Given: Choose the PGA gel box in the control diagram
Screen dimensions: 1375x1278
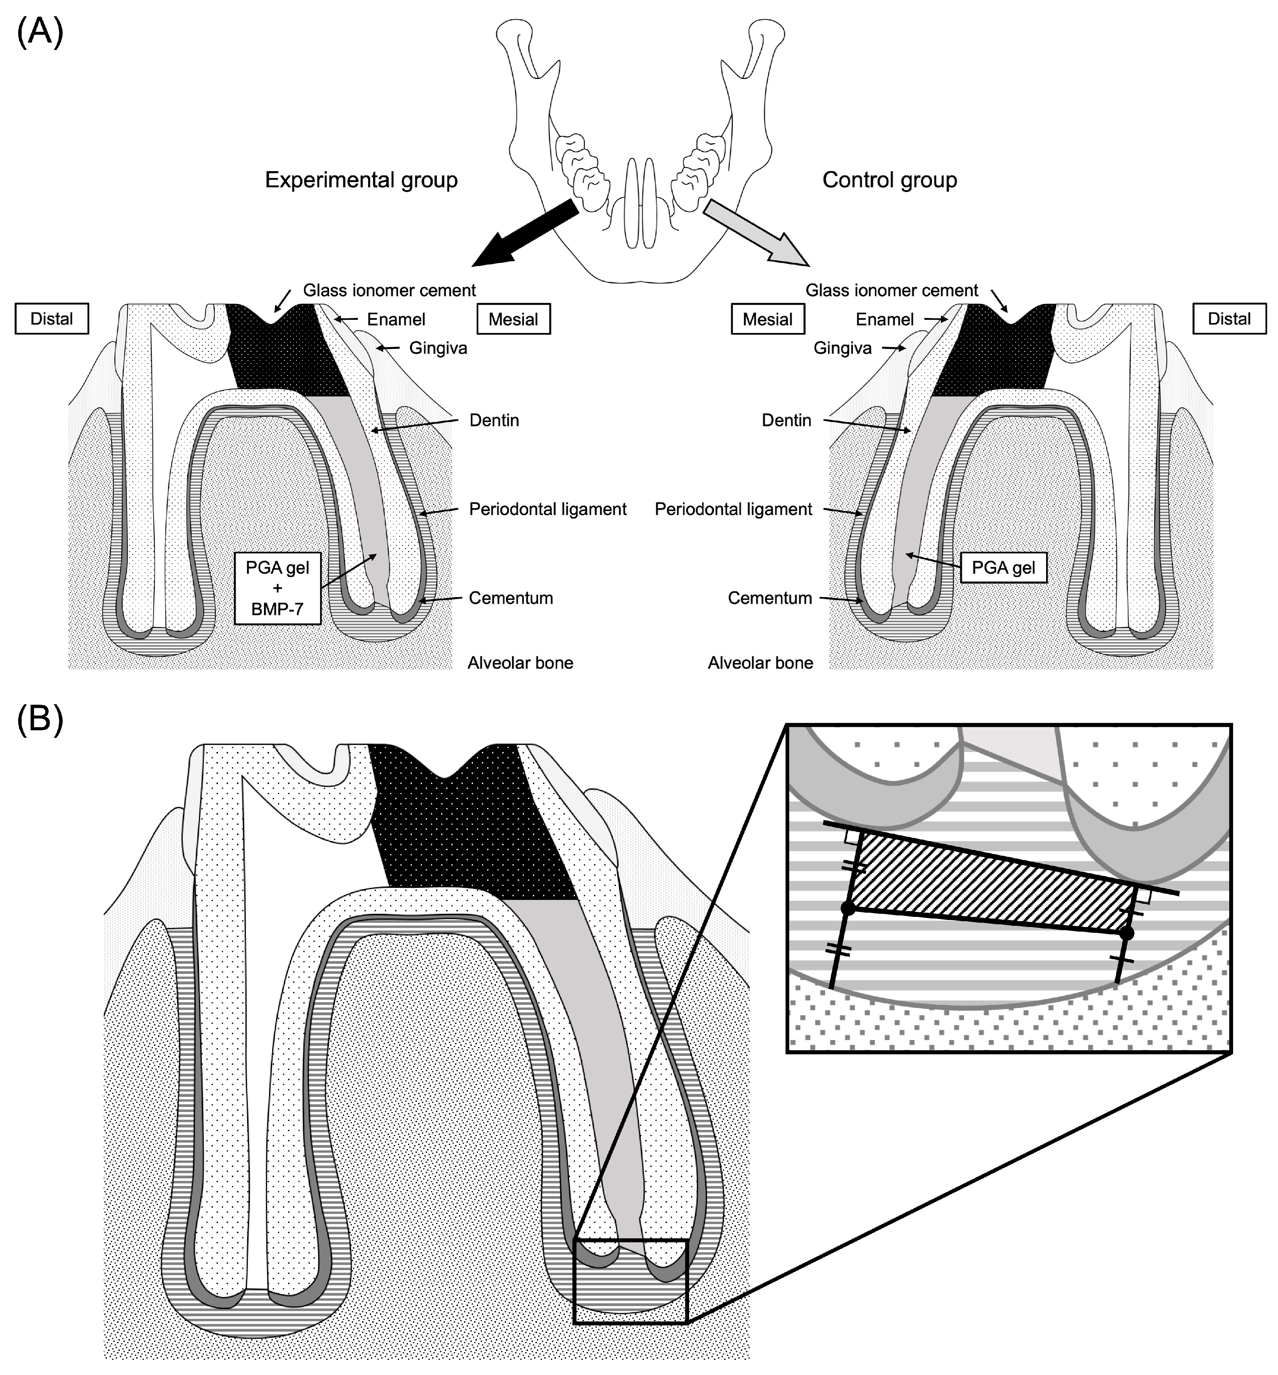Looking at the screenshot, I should point(1004,568).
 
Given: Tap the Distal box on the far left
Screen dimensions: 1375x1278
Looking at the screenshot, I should point(52,319).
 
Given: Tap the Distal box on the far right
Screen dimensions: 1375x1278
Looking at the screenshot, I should point(1229,319).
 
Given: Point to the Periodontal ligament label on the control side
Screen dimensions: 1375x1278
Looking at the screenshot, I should point(733,510).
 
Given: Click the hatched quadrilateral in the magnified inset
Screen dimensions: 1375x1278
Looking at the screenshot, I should point(989,882).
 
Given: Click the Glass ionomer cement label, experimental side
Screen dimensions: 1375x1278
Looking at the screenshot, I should point(389,290).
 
